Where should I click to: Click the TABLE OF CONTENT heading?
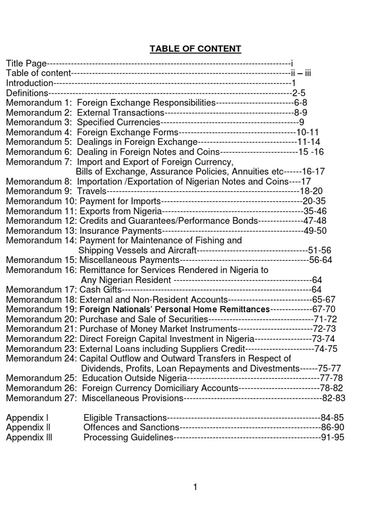[196, 49]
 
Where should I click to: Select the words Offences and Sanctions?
[131, 427]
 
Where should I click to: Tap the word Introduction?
[30, 83]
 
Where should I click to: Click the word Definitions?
[27, 93]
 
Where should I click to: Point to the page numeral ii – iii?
[301, 73]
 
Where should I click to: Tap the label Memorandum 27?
[42, 398]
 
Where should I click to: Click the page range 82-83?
[333, 398]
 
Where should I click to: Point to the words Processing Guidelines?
[128, 437]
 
